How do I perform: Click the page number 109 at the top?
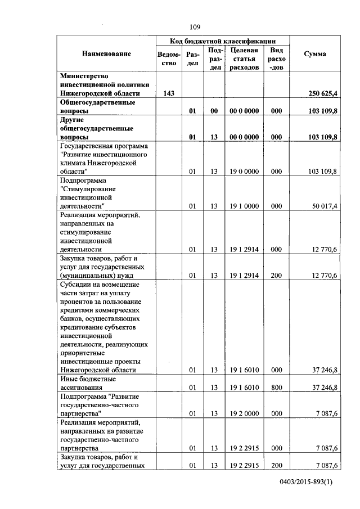coord(195,27)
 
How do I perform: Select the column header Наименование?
coord(106,54)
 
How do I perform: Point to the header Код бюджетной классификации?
coord(223,41)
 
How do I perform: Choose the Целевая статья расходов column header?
coord(244,58)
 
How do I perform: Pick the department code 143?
coord(168,93)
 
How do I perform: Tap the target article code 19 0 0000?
coord(244,171)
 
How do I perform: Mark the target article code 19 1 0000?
coord(244,206)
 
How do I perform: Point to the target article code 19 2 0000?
coord(244,413)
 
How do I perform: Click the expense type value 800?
coord(276,388)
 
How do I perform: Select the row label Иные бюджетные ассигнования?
coord(88,384)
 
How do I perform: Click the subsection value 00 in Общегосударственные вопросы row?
coord(214,111)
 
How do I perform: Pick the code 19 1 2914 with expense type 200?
coord(244,276)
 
